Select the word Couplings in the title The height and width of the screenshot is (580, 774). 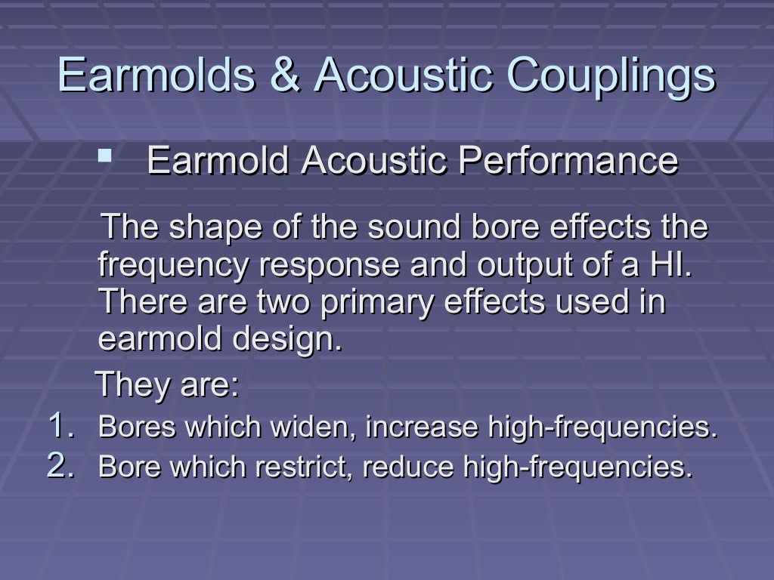(611, 76)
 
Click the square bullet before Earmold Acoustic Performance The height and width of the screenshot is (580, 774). (104, 157)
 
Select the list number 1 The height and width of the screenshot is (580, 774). (60, 425)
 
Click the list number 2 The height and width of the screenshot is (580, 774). (60, 466)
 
